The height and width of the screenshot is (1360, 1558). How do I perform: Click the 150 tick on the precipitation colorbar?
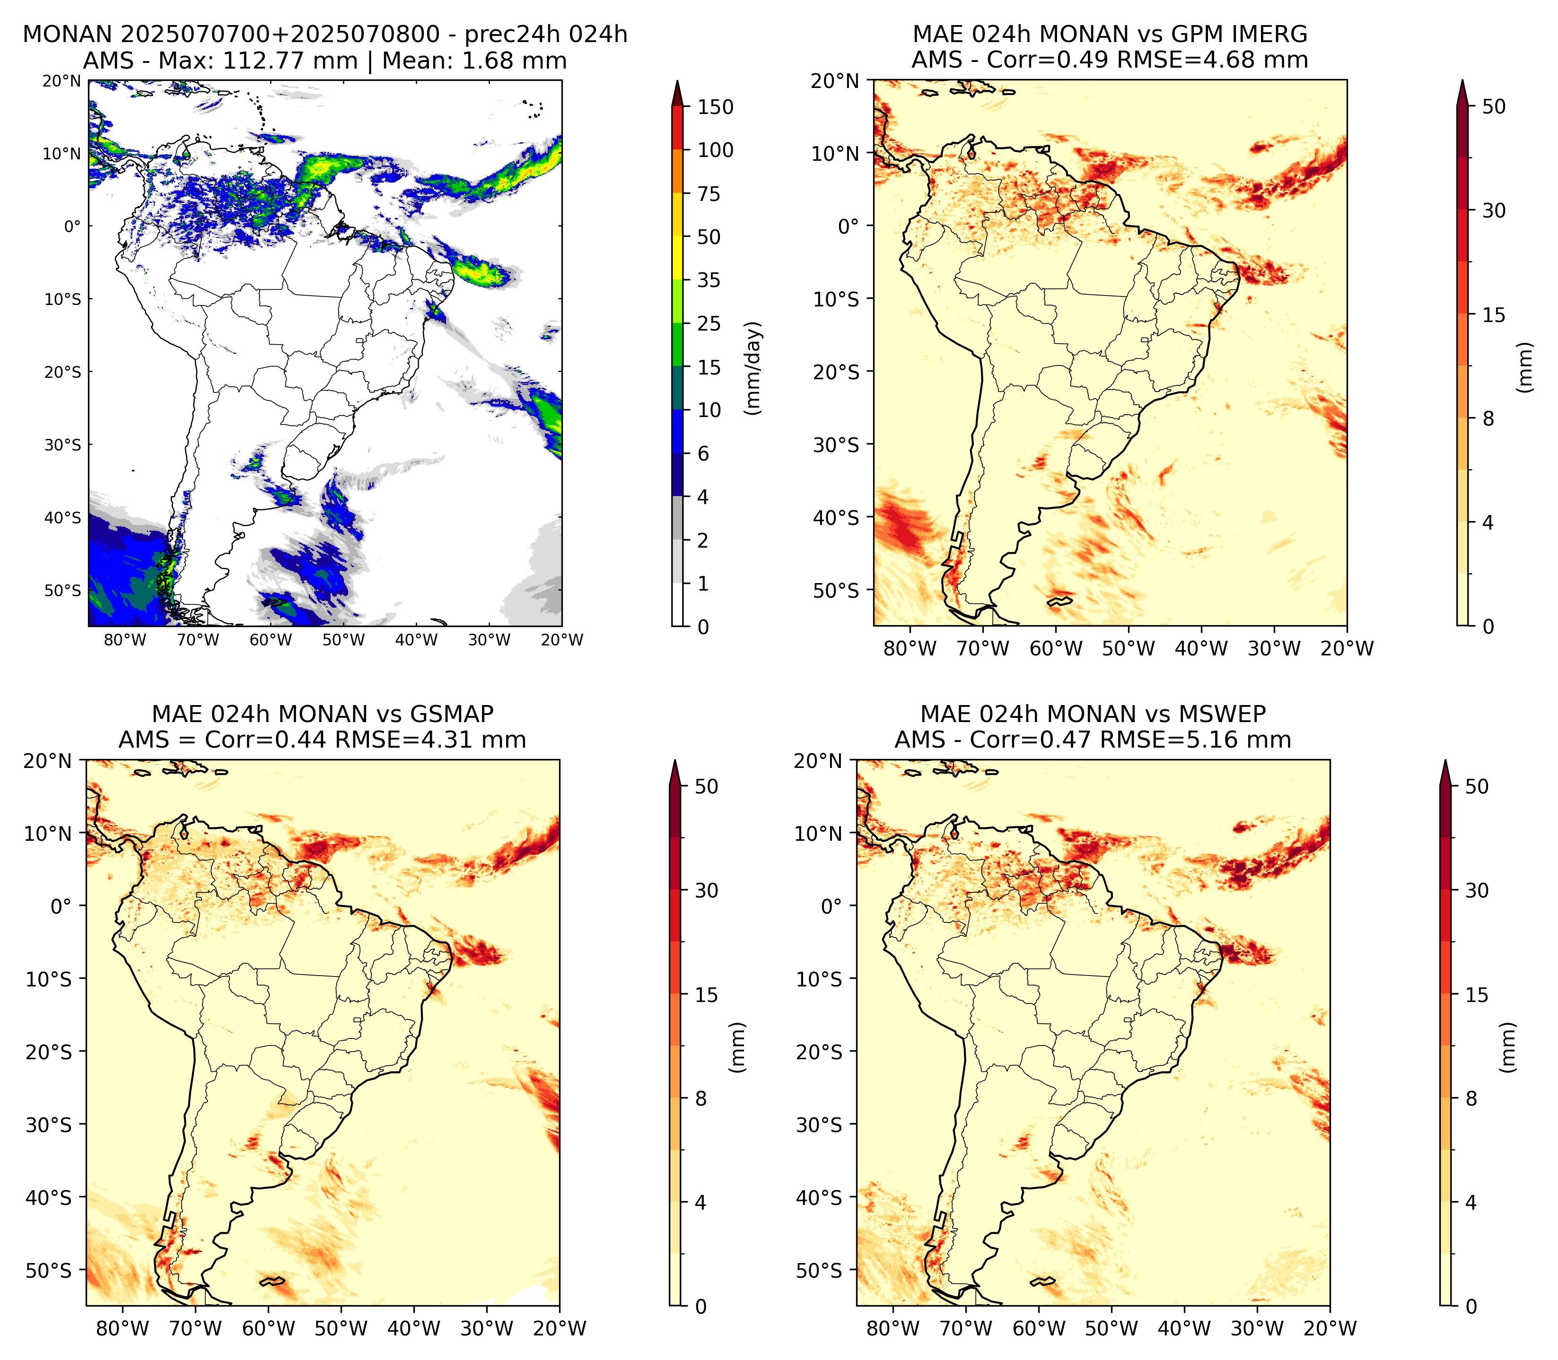[716, 107]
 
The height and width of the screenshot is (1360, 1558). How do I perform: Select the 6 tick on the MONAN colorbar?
[703, 454]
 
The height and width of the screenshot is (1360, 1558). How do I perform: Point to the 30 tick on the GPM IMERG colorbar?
[1494, 210]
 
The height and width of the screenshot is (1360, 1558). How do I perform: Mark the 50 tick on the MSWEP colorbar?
[1477, 786]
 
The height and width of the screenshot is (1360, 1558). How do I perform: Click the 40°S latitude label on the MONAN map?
[62, 518]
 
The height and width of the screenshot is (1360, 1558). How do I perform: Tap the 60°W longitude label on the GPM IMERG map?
[1056, 649]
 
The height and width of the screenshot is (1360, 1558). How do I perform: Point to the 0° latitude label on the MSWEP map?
[833, 906]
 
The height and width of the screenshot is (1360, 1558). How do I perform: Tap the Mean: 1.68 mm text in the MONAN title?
[475, 61]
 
